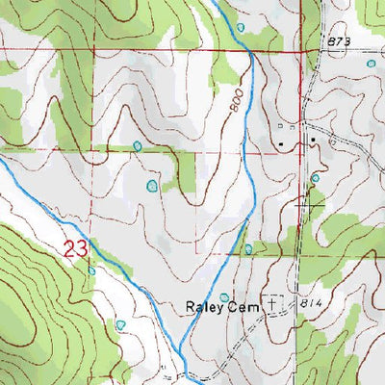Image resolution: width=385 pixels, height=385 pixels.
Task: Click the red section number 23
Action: point(78,249)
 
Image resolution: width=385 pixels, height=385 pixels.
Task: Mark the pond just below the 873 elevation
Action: point(372,64)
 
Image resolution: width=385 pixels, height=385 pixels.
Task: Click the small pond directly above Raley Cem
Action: point(225,297)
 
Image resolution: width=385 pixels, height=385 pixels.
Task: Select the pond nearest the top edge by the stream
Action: point(241,27)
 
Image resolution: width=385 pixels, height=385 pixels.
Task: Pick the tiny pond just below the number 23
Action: point(91,270)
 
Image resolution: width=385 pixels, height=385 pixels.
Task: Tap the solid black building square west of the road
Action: point(282,145)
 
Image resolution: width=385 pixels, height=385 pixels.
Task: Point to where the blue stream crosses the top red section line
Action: point(249,50)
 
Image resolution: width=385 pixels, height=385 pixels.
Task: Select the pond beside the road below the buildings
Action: point(315,178)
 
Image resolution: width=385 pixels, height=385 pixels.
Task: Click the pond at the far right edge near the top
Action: point(372,64)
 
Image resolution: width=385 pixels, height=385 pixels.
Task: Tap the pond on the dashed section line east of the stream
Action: point(248,249)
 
